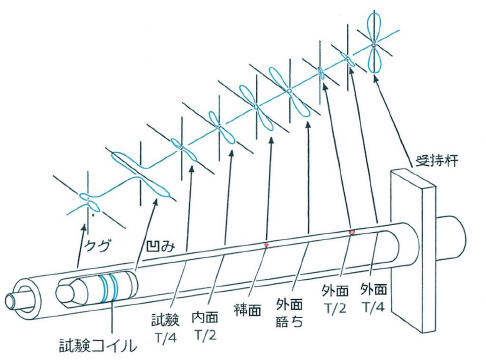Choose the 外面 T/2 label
[337, 297]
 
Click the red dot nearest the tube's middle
[265, 245]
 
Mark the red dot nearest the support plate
[352, 233]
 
